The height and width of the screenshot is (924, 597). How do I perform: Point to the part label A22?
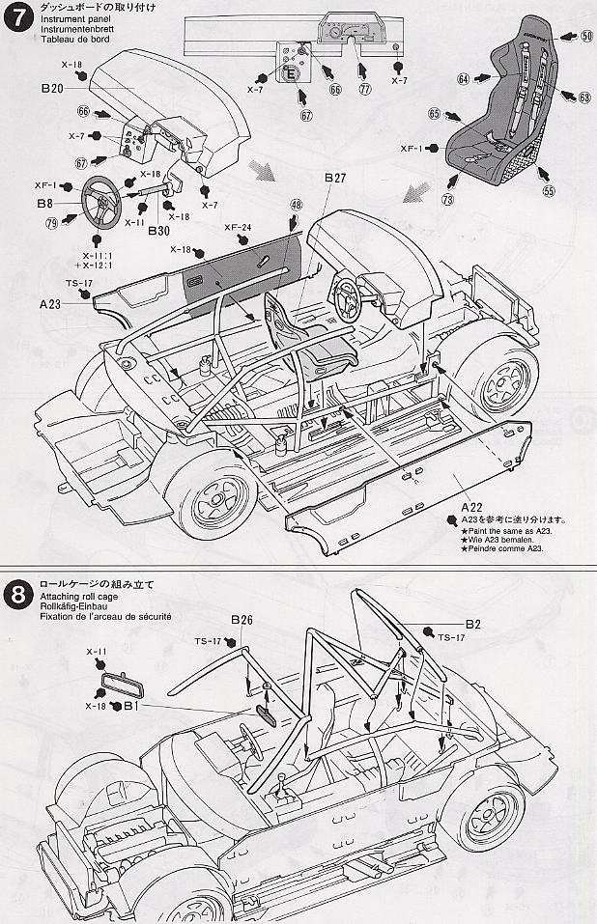(470, 506)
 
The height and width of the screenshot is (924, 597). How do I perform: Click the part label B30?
(133, 230)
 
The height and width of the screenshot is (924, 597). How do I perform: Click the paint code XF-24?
(238, 228)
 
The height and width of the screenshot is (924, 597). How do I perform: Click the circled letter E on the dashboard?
(290, 71)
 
